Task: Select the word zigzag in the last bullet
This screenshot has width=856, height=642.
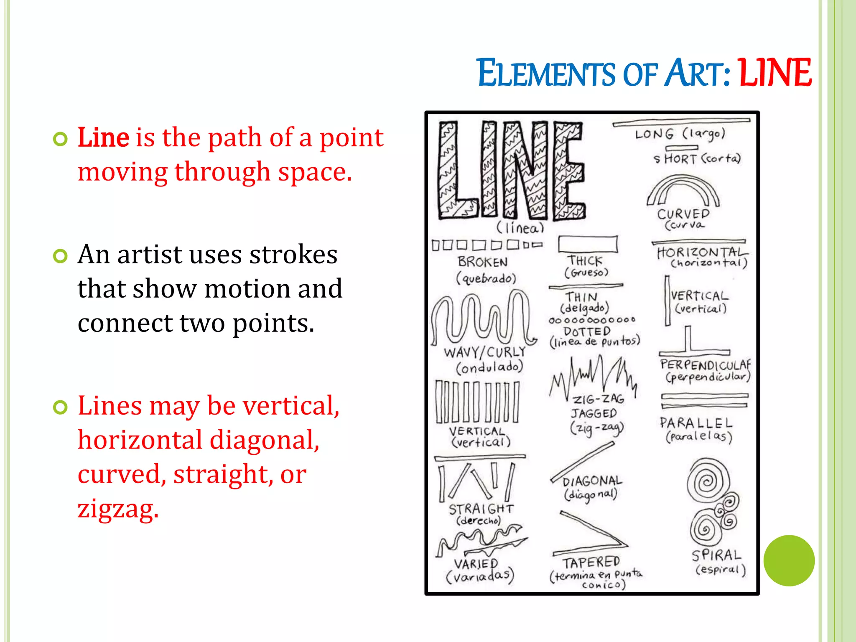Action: [x=118, y=509]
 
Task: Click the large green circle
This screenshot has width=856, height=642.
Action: [x=789, y=560]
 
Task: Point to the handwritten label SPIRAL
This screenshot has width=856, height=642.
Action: [x=716, y=555]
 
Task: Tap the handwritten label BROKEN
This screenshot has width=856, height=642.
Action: [x=483, y=262]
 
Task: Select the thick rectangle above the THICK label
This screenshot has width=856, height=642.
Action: [x=588, y=244]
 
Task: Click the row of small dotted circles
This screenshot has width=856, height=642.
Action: [x=592, y=320]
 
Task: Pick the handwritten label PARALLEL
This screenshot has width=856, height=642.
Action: [x=696, y=423]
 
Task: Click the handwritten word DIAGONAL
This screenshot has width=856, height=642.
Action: [x=592, y=481]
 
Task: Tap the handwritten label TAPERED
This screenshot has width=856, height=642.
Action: [x=591, y=563]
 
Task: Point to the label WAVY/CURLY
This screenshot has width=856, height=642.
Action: [x=484, y=352]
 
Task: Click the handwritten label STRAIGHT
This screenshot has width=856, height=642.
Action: [x=481, y=509]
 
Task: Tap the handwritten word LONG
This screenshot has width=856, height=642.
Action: [x=655, y=134]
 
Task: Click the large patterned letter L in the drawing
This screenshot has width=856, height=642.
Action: [x=456, y=171]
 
